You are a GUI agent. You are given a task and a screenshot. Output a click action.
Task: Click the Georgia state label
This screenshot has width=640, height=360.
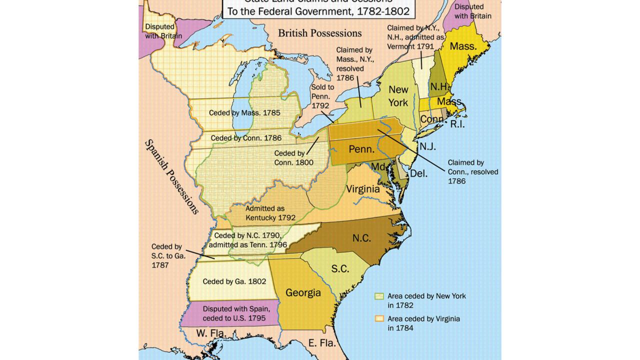[x=303, y=292]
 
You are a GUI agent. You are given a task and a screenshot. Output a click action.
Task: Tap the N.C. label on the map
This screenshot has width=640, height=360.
[x=361, y=238]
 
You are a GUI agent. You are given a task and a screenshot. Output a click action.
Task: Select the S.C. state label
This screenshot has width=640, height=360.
[x=340, y=269]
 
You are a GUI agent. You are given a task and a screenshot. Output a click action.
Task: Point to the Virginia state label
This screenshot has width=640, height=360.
[x=363, y=189]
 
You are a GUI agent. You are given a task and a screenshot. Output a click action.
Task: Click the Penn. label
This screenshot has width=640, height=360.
[x=362, y=149]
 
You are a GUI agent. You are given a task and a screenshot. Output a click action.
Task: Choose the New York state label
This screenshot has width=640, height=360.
[x=398, y=96]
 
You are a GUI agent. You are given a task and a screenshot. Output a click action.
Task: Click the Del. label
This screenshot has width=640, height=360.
[x=418, y=174]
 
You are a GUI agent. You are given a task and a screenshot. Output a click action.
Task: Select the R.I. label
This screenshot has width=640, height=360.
[x=457, y=124]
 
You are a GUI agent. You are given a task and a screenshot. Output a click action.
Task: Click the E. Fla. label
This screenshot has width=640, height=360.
[x=321, y=343]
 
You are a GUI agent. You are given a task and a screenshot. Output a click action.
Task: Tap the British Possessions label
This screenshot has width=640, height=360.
[x=319, y=33]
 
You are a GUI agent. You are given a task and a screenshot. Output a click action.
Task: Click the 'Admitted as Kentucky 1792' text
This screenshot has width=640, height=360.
[x=270, y=213]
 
